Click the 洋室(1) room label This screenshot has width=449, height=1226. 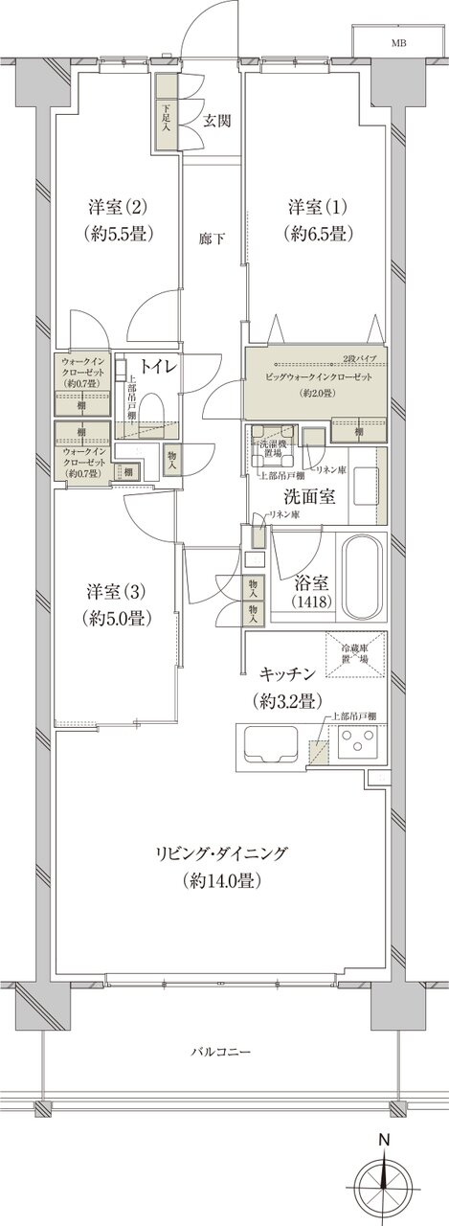(319, 220)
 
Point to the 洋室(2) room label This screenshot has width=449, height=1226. (119, 220)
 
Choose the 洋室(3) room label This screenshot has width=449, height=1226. (112, 605)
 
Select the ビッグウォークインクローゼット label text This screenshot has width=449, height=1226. (315, 377)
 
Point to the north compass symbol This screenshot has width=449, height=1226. (384, 1177)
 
